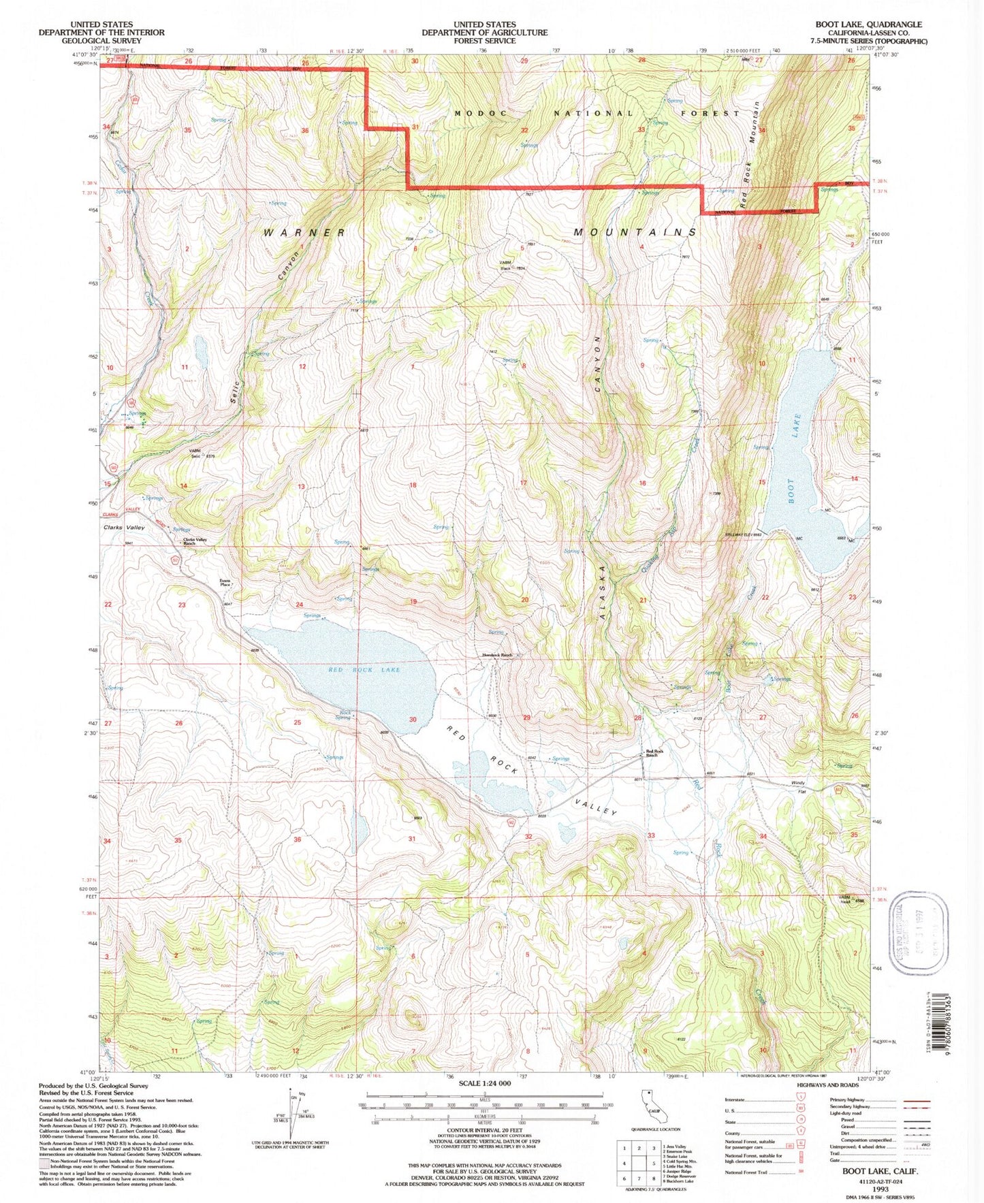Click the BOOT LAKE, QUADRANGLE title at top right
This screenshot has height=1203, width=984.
(868, 24)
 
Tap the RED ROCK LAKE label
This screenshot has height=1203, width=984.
(355, 670)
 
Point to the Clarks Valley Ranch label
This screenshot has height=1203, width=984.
(193, 541)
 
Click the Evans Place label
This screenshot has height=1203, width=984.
(225, 582)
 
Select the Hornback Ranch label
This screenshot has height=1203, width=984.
(496, 655)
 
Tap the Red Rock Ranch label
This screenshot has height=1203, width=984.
(654, 753)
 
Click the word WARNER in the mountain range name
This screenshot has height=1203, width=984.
(304, 232)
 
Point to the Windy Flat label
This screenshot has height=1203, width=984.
(797, 787)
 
